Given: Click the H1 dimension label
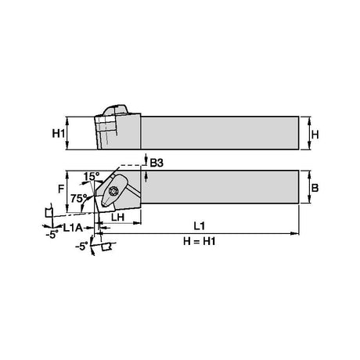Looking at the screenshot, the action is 58,134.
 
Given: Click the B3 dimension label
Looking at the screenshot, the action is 157,163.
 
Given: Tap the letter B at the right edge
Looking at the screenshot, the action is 315,188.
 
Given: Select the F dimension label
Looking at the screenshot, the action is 61,189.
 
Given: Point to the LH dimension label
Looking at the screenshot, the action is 118,217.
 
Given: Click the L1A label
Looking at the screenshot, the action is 73,228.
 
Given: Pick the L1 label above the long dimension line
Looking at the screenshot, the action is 200,226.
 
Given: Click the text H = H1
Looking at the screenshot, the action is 200,241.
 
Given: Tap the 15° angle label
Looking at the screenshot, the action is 92,177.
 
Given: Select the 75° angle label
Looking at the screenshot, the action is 78,199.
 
